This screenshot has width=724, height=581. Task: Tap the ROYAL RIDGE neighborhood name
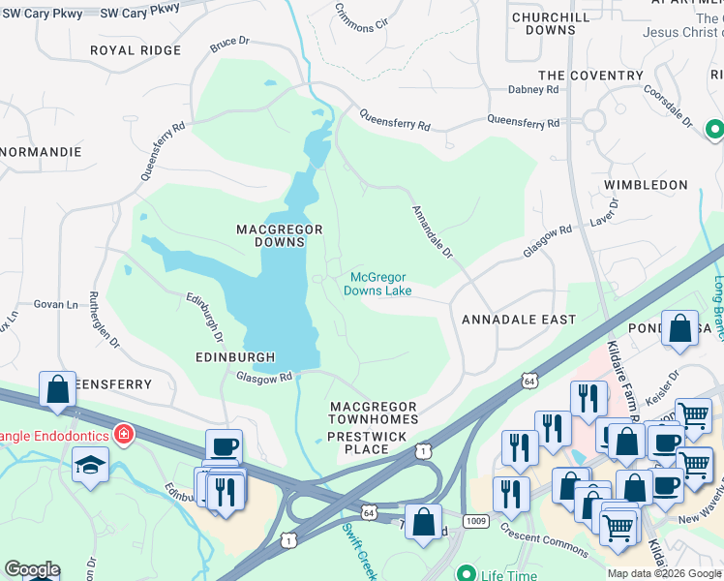coord(136,50)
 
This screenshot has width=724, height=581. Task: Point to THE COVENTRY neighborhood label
coord(590,76)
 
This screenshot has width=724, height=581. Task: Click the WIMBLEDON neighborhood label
coord(646,184)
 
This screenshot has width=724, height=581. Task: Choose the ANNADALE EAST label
coord(519,320)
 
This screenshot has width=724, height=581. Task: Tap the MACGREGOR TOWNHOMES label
coord(373,413)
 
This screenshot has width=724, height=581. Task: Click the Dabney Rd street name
coord(533,89)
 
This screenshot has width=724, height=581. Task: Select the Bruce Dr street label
coord(229,44)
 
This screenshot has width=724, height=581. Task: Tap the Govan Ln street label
coord(60,304)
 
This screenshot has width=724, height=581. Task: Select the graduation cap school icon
coord(91,466)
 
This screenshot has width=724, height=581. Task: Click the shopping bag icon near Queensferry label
coord(58,389)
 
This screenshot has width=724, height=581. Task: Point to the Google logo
coord(31,569)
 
